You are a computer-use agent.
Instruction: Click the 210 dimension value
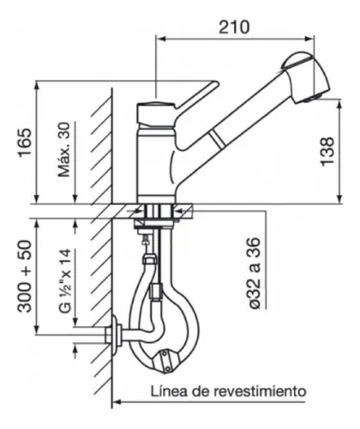(x=234, y=27)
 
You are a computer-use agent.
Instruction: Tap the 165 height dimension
(x=25, y=142)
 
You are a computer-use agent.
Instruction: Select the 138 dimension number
(x=327, y=152)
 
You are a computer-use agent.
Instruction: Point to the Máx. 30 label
(x=64, y=149)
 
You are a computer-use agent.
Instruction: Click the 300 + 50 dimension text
(x=25, y=276)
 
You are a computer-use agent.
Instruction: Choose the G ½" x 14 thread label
(x=65, y=281)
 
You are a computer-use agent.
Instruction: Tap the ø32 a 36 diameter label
(x=255, y=273)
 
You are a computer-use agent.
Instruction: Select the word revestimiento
(x=261, y=390)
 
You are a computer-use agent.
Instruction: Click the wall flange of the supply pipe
(x=114, y=335)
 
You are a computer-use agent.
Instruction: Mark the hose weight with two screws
(x=165, y=361)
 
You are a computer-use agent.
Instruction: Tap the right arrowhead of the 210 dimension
(x=309, y=39)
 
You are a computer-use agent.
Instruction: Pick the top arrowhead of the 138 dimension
(x=339, y=104)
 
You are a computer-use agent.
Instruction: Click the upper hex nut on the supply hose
(x=149, y=259)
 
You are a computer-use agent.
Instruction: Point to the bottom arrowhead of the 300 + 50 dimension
(x=37, y=329)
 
